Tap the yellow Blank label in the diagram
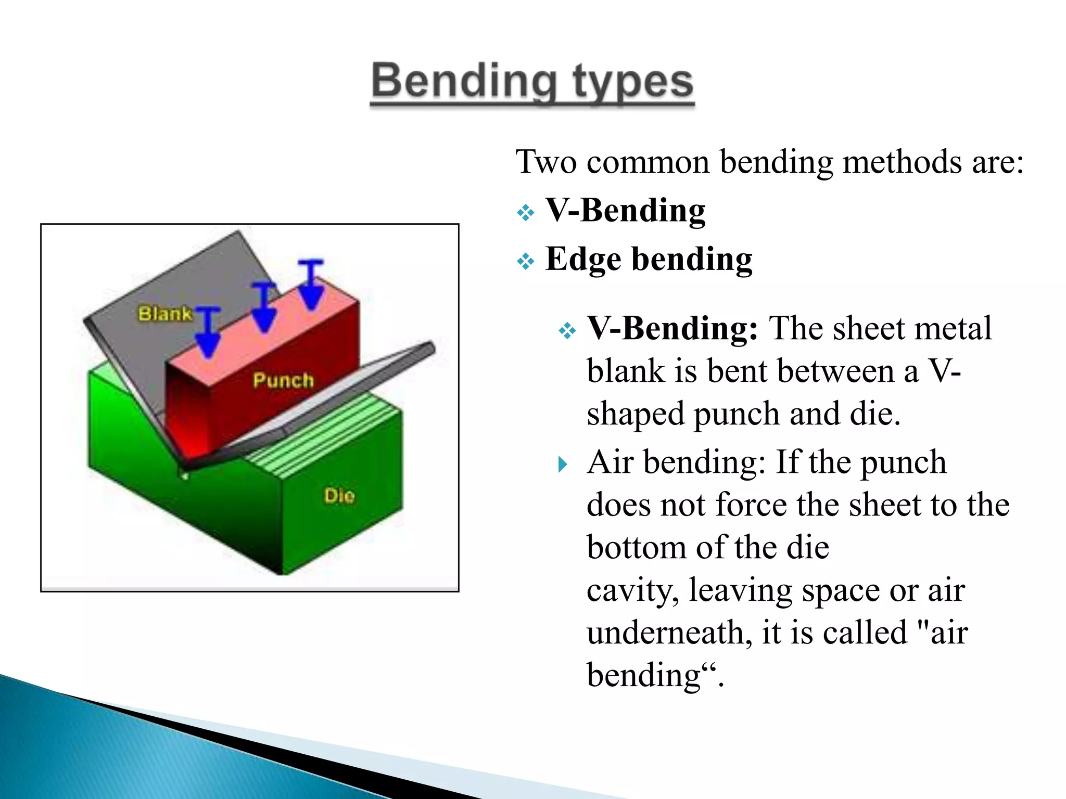pyautogui.click(x=164, y=314)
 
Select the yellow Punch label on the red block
pyautogui.click(x=283, y=380)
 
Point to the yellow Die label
pyautogui.click(x=339, y=495)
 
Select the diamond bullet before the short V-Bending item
pyautogui.click(x=526, y=213)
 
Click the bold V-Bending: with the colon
pyautogui.click(x=672, y=329)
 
